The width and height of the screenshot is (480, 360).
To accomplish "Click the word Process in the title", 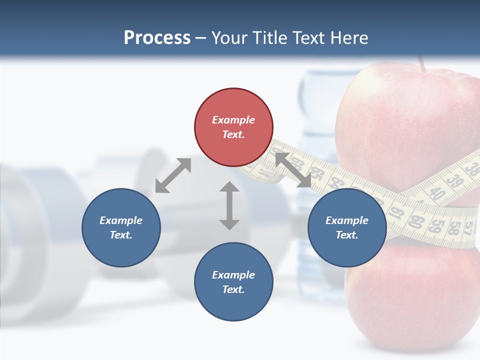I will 157,38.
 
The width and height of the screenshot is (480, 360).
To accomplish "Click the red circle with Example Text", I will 233,127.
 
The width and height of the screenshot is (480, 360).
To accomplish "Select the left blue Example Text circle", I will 121,227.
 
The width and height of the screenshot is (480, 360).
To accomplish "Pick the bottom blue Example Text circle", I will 233,282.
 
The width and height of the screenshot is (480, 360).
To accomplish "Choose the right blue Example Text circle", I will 347,227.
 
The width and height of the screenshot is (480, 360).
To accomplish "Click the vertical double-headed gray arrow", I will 229,205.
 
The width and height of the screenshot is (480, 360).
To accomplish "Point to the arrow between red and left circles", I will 173,175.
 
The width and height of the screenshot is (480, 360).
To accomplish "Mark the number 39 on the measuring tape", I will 454,180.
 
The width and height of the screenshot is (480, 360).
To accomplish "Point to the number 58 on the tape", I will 453,227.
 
